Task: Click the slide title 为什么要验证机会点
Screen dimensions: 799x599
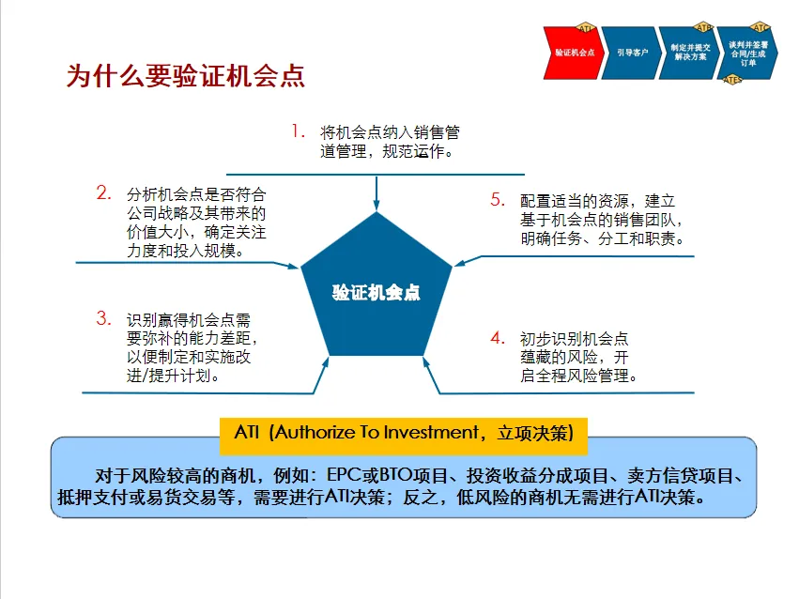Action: (185, 76)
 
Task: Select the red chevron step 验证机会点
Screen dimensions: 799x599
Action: (573, 53)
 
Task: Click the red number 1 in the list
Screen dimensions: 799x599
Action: (299, 131)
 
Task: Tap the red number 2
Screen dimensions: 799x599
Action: (104, 193)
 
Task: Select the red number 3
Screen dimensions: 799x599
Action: (103, 318)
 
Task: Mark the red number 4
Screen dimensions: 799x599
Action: (498, 338)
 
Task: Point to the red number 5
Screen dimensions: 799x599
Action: (498, 199)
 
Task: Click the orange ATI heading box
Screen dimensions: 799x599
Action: (409, 434)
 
